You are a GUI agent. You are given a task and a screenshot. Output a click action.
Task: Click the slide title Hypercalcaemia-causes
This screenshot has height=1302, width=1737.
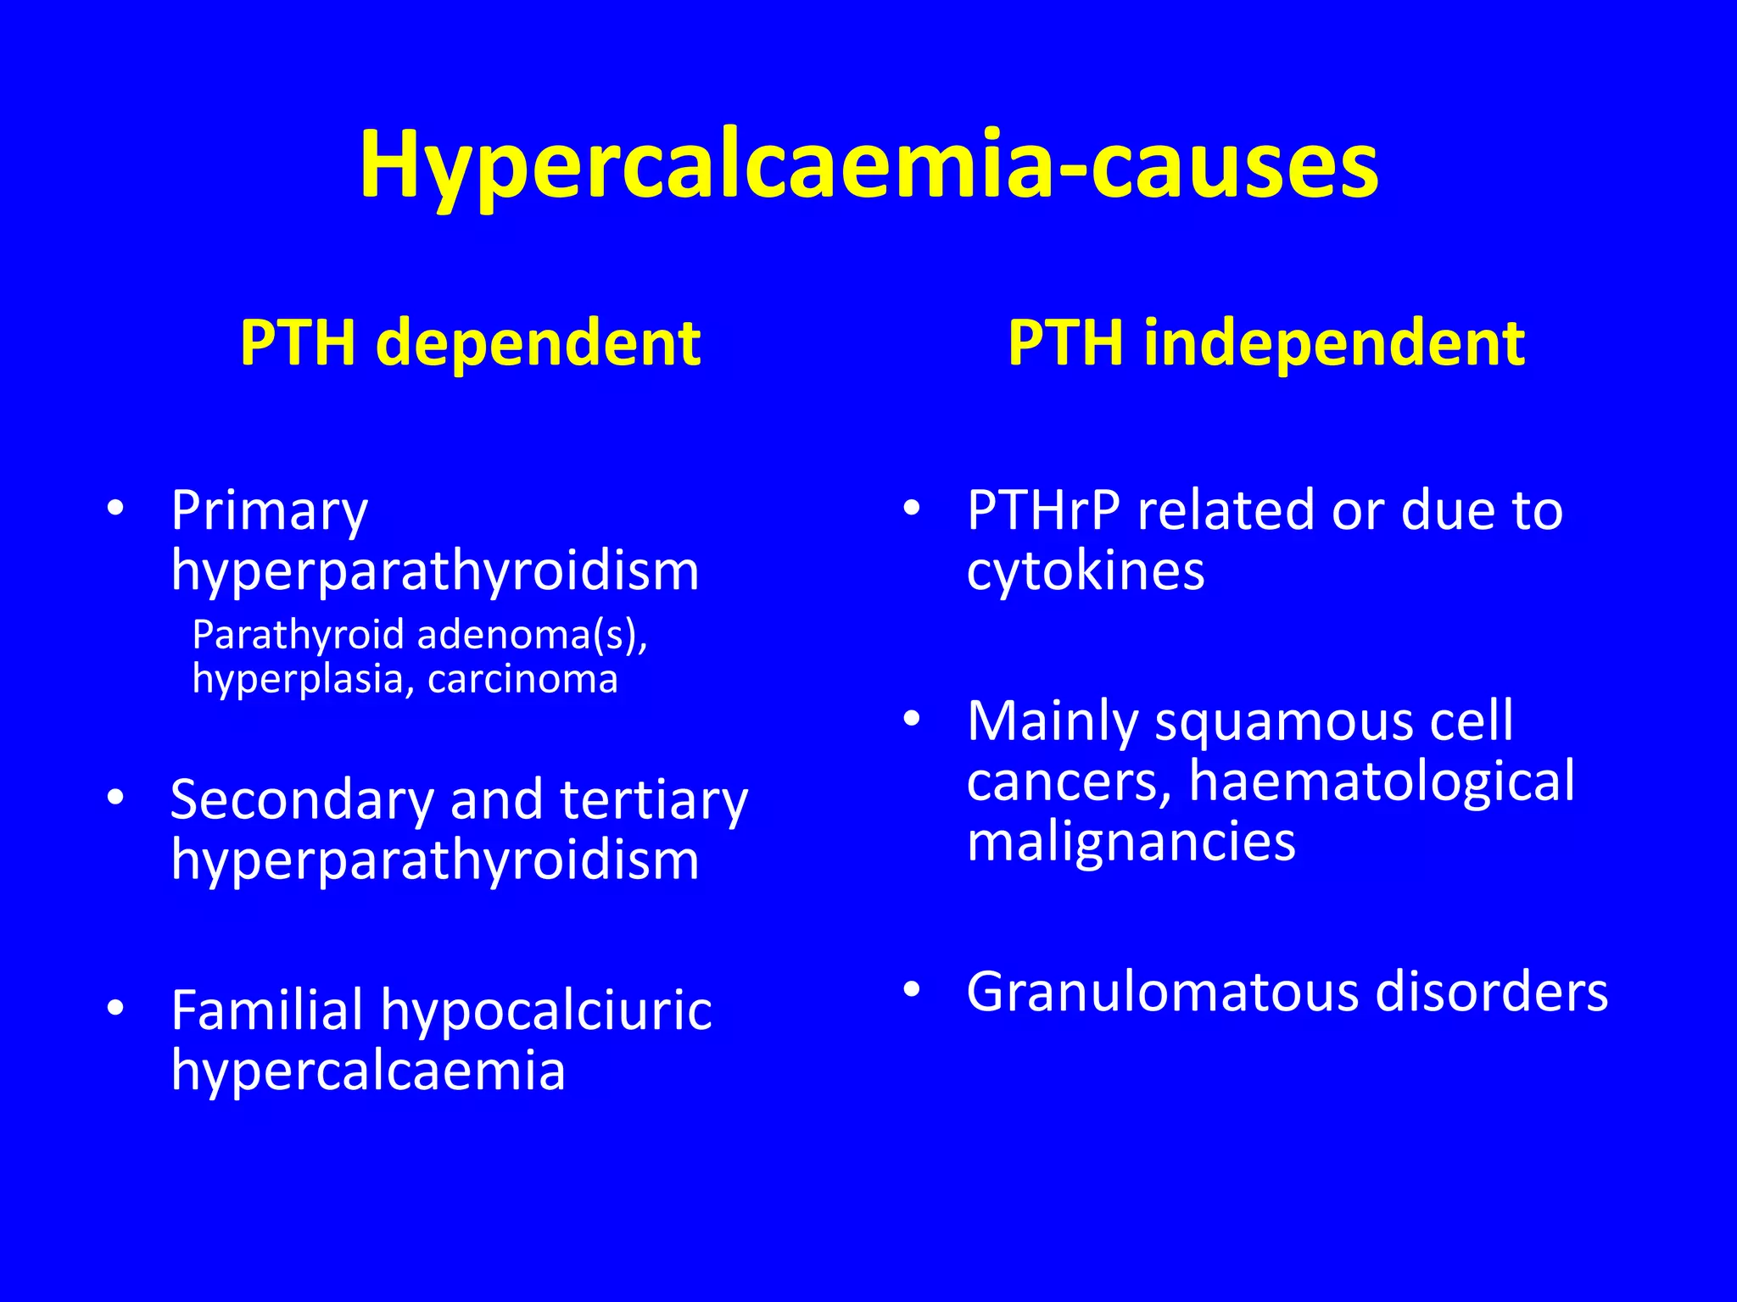(868, 165)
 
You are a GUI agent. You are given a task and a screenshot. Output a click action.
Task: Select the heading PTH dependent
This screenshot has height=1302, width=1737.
(470, 343)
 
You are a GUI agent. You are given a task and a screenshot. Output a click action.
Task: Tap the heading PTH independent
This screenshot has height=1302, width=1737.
(1265, 343)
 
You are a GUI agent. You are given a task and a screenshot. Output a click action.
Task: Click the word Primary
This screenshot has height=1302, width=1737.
(269, 511)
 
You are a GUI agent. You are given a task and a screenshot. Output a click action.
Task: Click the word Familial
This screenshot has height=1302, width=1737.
(266, 1010)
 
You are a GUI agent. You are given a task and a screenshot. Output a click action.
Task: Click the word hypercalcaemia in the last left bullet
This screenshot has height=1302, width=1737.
(368, 1071)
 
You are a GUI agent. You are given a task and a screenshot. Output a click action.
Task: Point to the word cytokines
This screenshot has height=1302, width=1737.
(1086, 570)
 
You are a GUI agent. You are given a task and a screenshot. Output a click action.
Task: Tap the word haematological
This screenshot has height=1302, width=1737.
(1382, 781)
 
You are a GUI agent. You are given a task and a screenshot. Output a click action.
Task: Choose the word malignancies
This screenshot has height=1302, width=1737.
(1131, 843)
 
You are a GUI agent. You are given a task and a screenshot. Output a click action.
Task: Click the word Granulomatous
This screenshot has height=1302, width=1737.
(1163, 992)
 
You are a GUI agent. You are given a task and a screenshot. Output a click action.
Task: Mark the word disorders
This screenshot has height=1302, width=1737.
(1492, 992)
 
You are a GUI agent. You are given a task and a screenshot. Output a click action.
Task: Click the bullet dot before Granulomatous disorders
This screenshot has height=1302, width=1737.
(912, 989)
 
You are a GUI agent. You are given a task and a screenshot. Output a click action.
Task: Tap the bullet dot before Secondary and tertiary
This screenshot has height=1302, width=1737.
(116, 798)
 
